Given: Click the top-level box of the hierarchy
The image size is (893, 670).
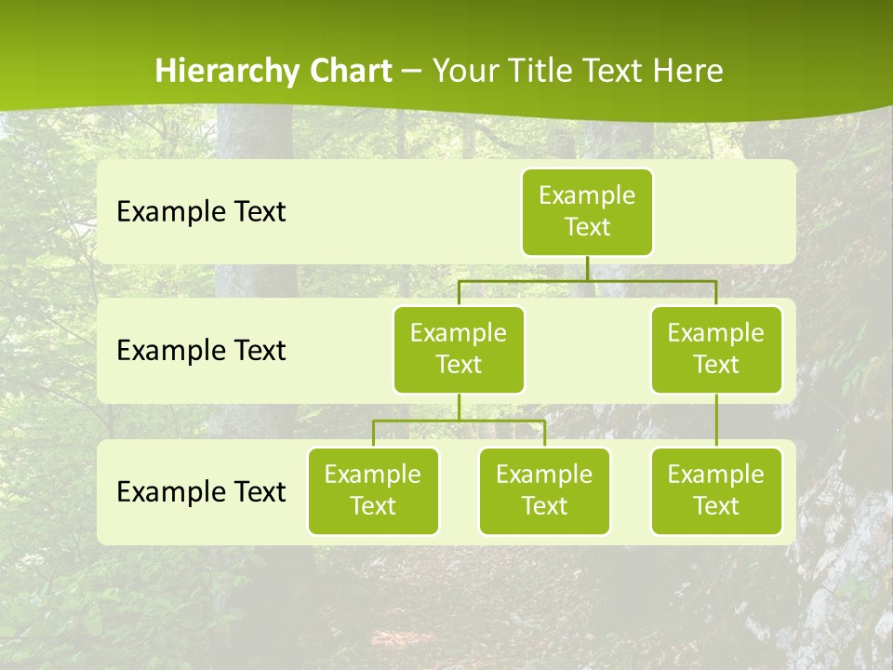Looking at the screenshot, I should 587,211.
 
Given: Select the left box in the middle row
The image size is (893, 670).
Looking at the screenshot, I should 459,349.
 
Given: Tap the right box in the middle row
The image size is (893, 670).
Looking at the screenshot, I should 716,349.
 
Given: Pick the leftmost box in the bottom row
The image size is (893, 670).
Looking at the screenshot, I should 373,490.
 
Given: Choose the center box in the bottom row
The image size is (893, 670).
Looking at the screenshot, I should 544,490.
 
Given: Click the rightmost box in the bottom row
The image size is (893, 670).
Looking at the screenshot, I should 716,490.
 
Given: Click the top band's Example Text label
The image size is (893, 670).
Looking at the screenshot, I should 201,211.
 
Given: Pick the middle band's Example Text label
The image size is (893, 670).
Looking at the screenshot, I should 201,350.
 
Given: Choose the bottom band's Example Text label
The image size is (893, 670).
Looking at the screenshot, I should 201,491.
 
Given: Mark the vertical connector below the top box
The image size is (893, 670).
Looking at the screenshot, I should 587,268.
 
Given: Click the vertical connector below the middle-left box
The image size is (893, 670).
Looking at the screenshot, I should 459,407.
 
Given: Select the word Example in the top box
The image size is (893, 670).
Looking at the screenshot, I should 587,195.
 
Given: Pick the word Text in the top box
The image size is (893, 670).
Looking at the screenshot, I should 587,227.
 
